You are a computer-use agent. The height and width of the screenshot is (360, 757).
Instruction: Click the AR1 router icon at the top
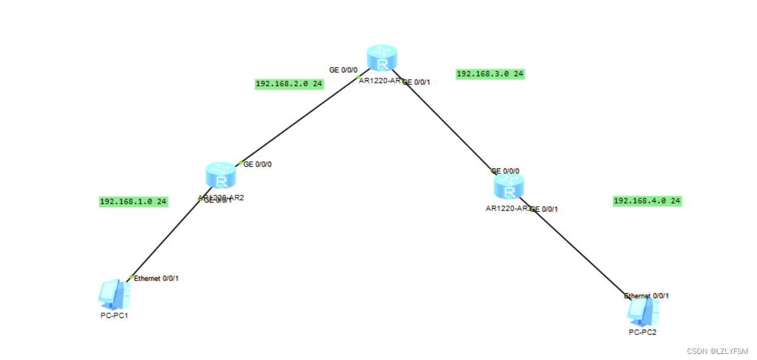pos(382,58)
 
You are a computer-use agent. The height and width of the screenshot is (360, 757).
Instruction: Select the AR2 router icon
pos(221,176)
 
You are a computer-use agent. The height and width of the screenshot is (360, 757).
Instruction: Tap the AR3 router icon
pos(508,186)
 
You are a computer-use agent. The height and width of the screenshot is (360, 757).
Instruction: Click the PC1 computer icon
pos(114,294)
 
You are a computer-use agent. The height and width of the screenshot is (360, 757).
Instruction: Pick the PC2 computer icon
pos(643,311)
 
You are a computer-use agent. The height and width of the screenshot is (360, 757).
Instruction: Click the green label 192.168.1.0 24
pos(133,201)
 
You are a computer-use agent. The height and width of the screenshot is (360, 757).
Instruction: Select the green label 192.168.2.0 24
pos(289,84)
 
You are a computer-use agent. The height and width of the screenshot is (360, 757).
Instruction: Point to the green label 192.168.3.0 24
pos(489,74)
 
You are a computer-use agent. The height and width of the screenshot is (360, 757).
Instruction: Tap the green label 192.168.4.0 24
pos(647,201)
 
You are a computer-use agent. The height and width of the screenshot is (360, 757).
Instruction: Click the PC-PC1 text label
pos(114,315)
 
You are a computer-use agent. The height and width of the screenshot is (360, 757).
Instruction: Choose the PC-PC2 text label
pos(643,332)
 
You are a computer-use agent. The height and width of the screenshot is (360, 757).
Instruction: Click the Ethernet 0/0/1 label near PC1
pos(156,278)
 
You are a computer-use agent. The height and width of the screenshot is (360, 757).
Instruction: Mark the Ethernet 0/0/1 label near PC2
pos(647,296)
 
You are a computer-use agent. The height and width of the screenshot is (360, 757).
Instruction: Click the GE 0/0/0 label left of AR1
pos(343,70)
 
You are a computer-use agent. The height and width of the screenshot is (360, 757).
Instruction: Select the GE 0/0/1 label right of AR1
pos(417,82)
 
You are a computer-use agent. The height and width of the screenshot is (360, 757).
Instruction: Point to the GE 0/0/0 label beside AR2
pos(258,164)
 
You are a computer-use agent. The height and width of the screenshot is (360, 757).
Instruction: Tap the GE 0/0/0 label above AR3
pos(506,171)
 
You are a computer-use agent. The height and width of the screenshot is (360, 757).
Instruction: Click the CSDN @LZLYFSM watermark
pos(717,351)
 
